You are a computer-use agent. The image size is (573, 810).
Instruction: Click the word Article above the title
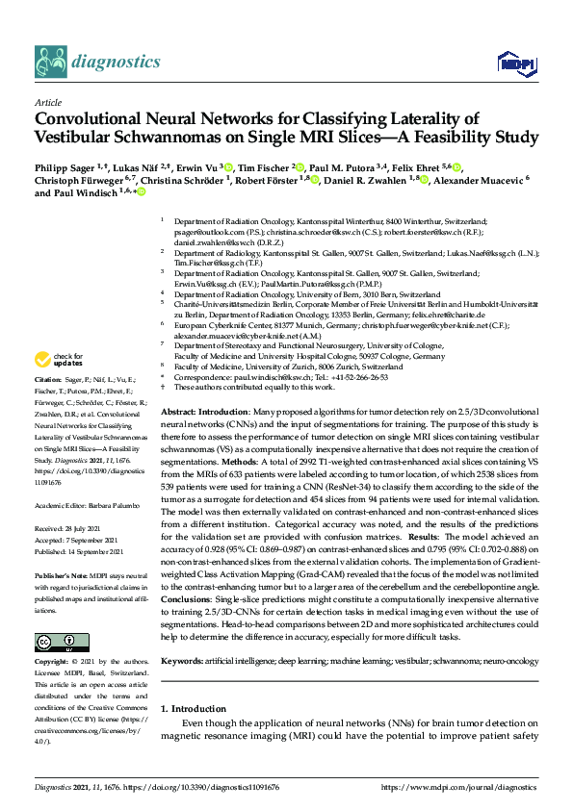(x=47, y=102)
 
